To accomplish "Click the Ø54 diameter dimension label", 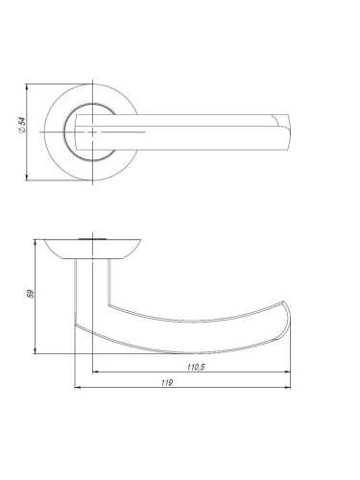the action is point(22,125).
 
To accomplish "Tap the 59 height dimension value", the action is point(31,294).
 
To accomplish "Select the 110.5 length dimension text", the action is point(196,367).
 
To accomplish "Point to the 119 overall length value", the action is point(167,382).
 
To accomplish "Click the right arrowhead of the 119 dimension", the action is point(288,387).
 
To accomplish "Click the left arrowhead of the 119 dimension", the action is point(77,387).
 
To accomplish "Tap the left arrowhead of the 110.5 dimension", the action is point(95,372).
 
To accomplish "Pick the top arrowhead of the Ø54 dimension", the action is point(27,87).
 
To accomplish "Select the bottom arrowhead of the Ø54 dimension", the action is point(27,178).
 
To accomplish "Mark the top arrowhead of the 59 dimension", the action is point(35,242).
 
